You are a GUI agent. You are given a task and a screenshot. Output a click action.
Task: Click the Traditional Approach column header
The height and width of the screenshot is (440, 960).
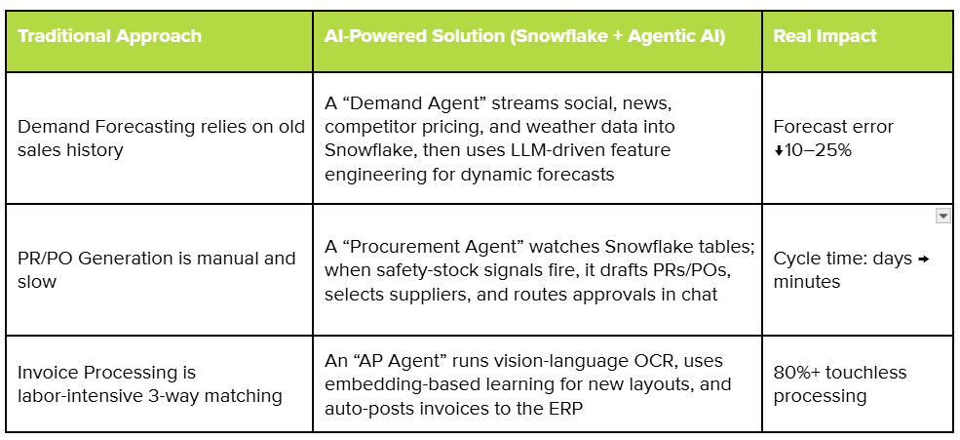pos(109,36)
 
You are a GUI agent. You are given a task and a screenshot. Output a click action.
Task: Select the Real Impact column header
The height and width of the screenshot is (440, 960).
pos(825,36)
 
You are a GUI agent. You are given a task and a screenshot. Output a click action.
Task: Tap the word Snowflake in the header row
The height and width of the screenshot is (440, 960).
pos(559,36)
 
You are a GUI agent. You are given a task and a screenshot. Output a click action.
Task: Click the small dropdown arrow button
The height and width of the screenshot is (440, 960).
pos(942,216)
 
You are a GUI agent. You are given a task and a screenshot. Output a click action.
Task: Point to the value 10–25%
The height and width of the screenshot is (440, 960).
pos(818,150)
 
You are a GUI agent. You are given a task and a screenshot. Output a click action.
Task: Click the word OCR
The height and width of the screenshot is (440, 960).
pos(655,362)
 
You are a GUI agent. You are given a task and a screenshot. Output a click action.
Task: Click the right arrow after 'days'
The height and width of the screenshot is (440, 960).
pos(924,260)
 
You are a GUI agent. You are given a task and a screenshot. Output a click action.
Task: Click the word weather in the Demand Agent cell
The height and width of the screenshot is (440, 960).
pos(569,127)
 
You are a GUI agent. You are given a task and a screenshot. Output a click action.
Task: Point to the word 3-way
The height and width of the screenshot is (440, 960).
pos(175,396)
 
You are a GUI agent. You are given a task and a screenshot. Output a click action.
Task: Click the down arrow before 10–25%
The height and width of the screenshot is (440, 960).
pos(778,151)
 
